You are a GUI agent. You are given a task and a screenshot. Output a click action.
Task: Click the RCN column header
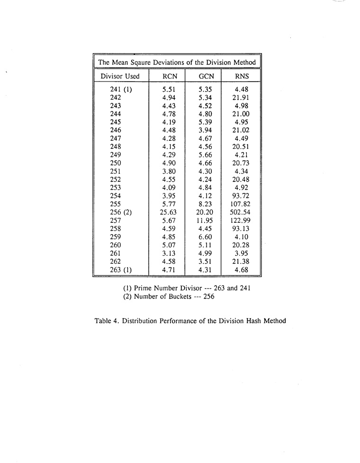(170, 76)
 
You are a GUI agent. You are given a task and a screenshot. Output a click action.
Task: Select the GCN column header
(206, 76)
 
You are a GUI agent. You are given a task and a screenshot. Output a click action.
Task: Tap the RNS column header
(242, 76)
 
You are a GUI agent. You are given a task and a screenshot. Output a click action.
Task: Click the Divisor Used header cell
(120, 76)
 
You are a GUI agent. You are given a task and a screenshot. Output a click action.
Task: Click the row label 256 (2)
(120, 212)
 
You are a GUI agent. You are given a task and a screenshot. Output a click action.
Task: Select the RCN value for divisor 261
(170, 254)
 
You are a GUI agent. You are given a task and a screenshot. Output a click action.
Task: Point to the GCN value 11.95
(206, 221)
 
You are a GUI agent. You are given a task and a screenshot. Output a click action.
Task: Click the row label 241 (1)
(120, 89)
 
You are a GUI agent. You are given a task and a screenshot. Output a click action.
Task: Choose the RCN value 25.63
(170, 212)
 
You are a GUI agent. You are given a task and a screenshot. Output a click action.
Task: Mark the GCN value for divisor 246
(206, 130)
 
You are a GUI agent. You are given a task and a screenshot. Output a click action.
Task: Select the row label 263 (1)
(120, 270)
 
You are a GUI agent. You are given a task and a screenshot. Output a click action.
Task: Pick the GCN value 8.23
(206, 204)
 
